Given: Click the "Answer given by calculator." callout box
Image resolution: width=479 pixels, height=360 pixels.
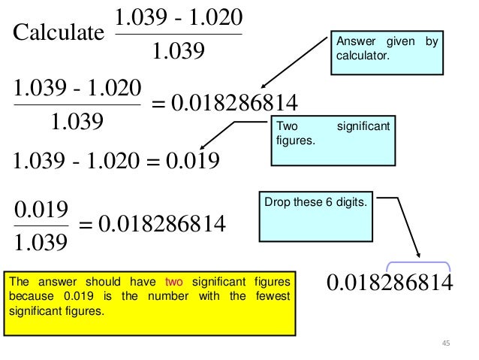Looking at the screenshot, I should pyautogui.click(x=384, y=54).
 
